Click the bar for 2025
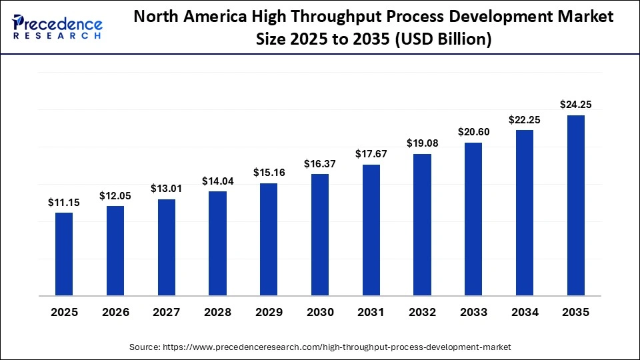[x=64, y=253]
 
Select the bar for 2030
[x=320, y=234]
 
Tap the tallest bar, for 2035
[x=575, y=205]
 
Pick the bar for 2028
[x=217, y=243]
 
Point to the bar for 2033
[x=473, y=219]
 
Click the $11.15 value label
[x=64, y=202]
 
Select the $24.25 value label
[x=575, y=104]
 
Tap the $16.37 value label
[x=320, y=163]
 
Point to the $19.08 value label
[x=422, y=143]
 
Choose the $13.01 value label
[x=167, y=189]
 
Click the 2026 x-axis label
[x=115, y=312]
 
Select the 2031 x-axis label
[x=371, y=312]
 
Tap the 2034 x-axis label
[x=525, y=312]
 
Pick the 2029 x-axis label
[x=269, y=312]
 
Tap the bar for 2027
[x=167, y=247]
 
